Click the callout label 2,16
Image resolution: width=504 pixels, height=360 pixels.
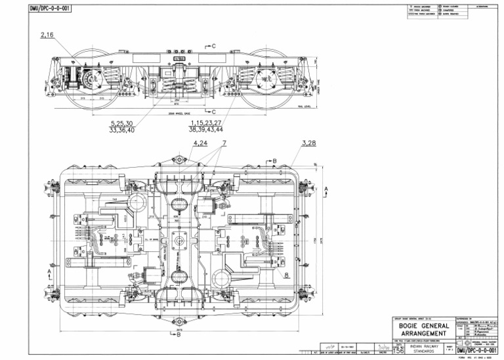pyautogui.click(x=47, y=35)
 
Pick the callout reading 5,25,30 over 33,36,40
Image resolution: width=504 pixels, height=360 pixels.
pyautogui.click(x=122, y=127)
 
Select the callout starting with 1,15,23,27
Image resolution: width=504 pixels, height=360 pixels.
pyautogui.click(x=206, y=127)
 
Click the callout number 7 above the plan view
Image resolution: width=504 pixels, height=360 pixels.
pyautogui.click(x=224, y=142)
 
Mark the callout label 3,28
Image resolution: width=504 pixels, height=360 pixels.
pyautogui.click(x=308, y=142)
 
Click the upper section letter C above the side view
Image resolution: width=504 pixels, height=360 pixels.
pyautogui.click(x=213, y=46)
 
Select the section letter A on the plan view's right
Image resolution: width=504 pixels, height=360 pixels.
pyautogui.click(x=327, y=188)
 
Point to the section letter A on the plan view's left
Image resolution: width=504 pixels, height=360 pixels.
pyautogui.click(x=49, y=270)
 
